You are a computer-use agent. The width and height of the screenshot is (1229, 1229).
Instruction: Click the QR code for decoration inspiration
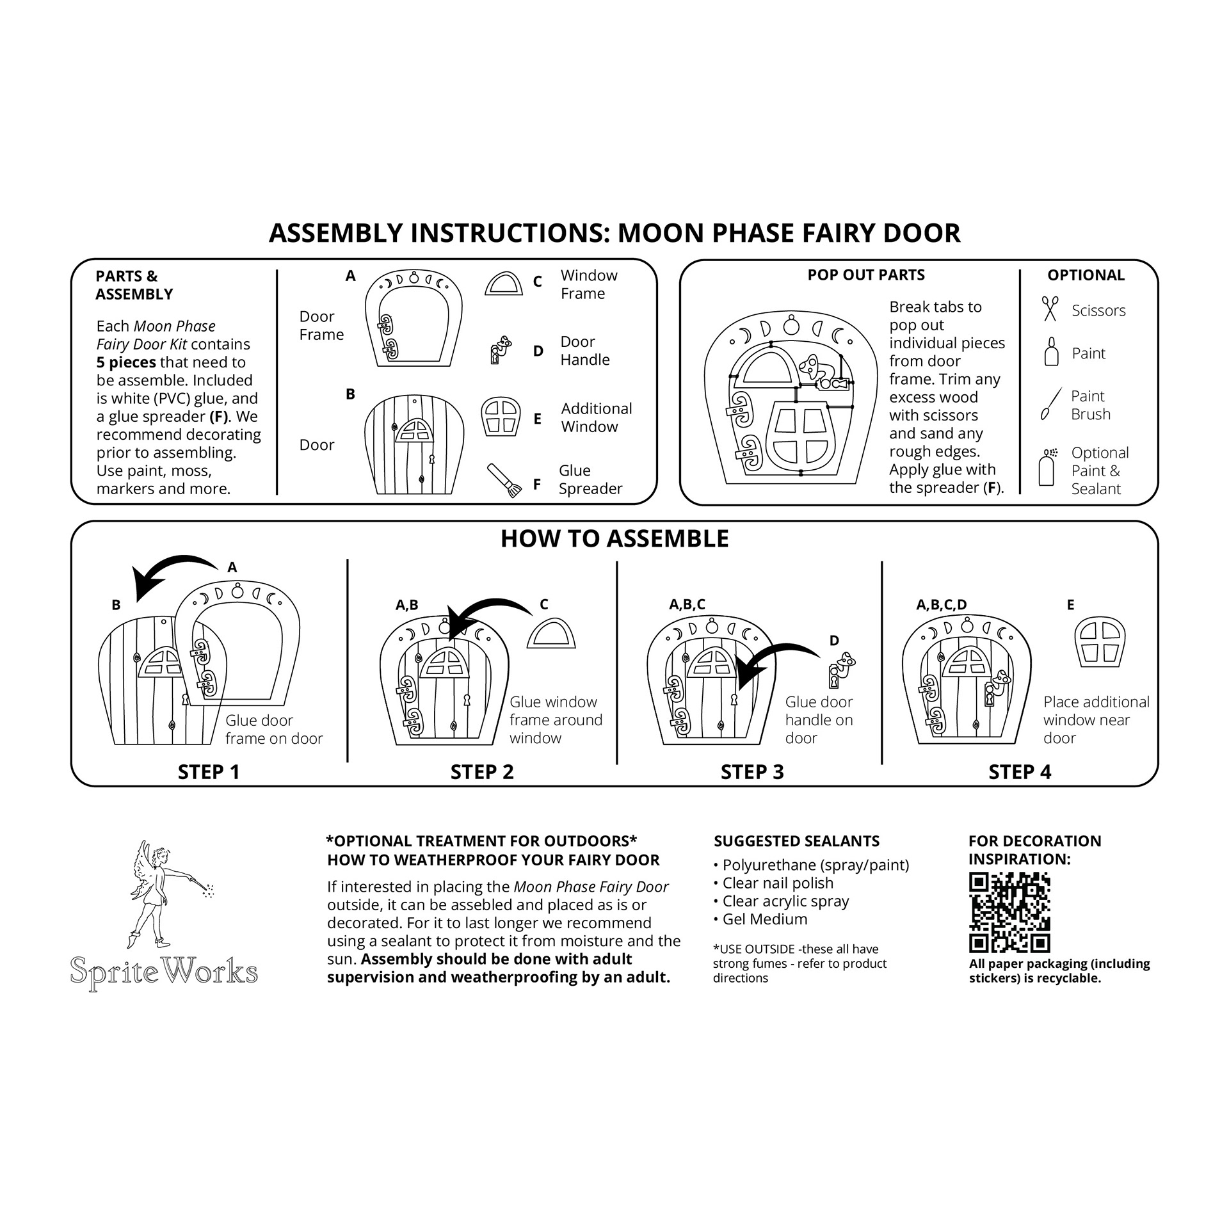click(1009, 912)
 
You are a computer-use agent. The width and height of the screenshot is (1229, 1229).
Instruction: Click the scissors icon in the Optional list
click(1050, 309)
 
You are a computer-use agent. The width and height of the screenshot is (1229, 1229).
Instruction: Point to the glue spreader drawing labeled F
click(504, 480)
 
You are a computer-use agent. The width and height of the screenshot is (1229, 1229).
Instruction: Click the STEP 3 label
click(751, 772)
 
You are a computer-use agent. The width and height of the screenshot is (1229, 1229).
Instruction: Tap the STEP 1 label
click(209, 772)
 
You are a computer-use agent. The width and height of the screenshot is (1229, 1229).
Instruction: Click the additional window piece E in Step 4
click(1099, 641)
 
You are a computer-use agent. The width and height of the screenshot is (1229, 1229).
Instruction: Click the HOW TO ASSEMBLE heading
click(614, 539)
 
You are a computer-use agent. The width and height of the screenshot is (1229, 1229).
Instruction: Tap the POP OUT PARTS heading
click(865, 275)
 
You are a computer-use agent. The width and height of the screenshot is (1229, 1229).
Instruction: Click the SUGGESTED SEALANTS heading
click(796, 841)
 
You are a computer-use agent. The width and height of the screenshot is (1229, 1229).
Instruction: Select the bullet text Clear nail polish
click(778, 883)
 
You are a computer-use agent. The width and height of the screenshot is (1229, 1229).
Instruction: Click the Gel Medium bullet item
click(764, 919)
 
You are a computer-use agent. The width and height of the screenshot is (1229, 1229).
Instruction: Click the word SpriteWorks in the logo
click(164, 970)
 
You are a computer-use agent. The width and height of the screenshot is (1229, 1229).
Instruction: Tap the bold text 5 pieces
click(126, 362)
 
